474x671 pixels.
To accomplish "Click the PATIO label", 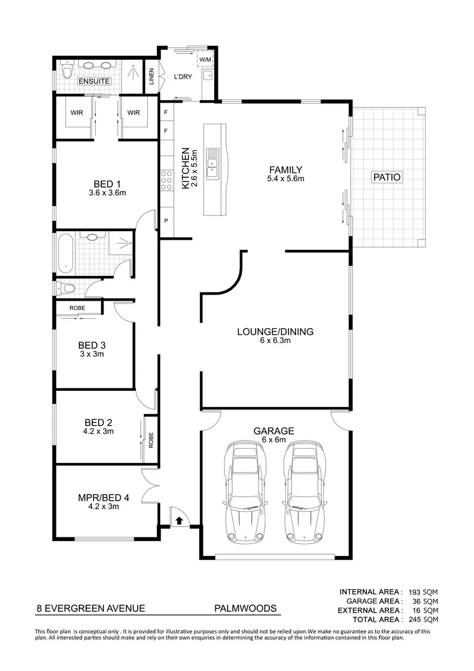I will [x=387, y=177].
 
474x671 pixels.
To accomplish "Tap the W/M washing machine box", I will [x=205, y=59].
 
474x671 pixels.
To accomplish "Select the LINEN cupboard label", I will [x=151, y=76].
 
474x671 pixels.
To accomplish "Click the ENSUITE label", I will [x=94, y=81].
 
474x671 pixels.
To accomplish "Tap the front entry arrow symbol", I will [x=179, y=520].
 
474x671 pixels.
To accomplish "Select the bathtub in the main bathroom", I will [x=65, y=253].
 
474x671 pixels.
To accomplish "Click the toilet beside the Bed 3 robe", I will [x=66, y=288].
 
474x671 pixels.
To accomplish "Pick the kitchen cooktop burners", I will [x=166, y=180].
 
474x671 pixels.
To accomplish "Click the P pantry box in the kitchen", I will [x=166, y=221].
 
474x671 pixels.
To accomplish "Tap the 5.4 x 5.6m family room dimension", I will [x=285, y=179].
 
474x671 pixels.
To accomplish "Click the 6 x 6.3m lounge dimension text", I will [x=275, y=340].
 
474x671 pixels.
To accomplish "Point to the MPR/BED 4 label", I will [x=104, y=497].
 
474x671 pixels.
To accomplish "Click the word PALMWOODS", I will [x=245, y=609].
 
